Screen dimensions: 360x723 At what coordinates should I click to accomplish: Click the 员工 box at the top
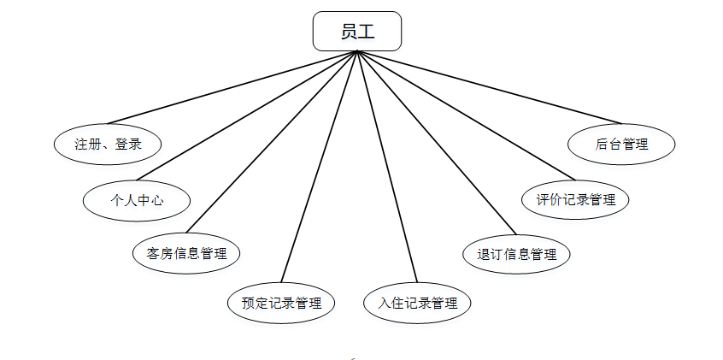point(356,32)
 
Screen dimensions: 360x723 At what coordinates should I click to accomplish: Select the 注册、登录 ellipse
point(108,145)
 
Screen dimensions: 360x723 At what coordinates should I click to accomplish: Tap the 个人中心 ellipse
point(137,201)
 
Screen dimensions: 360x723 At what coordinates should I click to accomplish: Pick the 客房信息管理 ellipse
point(186,253)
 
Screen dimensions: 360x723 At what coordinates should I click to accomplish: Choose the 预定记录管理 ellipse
point(281,303)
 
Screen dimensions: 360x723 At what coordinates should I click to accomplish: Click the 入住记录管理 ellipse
point(417,303)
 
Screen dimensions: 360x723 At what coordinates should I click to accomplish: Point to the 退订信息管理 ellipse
point(516,254)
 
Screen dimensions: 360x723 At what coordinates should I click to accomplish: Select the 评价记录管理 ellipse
point(576,200)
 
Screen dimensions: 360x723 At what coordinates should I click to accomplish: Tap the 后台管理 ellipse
point(621,145)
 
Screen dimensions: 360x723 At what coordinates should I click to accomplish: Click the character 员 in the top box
point(348,32)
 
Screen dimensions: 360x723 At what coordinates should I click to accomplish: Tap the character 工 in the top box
point(366,32)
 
